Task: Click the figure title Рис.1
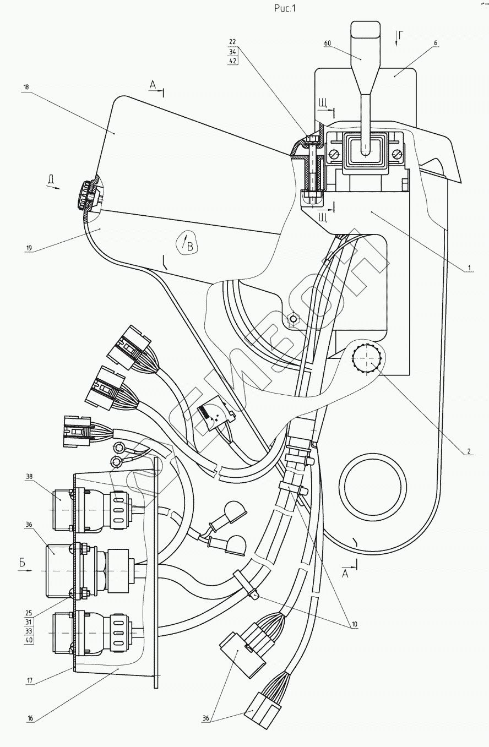[285, 8]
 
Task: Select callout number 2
[468, 451]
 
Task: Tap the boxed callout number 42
[232, 61]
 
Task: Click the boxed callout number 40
[28, 640]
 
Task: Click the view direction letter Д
[50, 179]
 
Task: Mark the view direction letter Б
[23, 563]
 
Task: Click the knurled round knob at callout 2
[367, 358]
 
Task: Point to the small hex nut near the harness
[294, 319]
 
